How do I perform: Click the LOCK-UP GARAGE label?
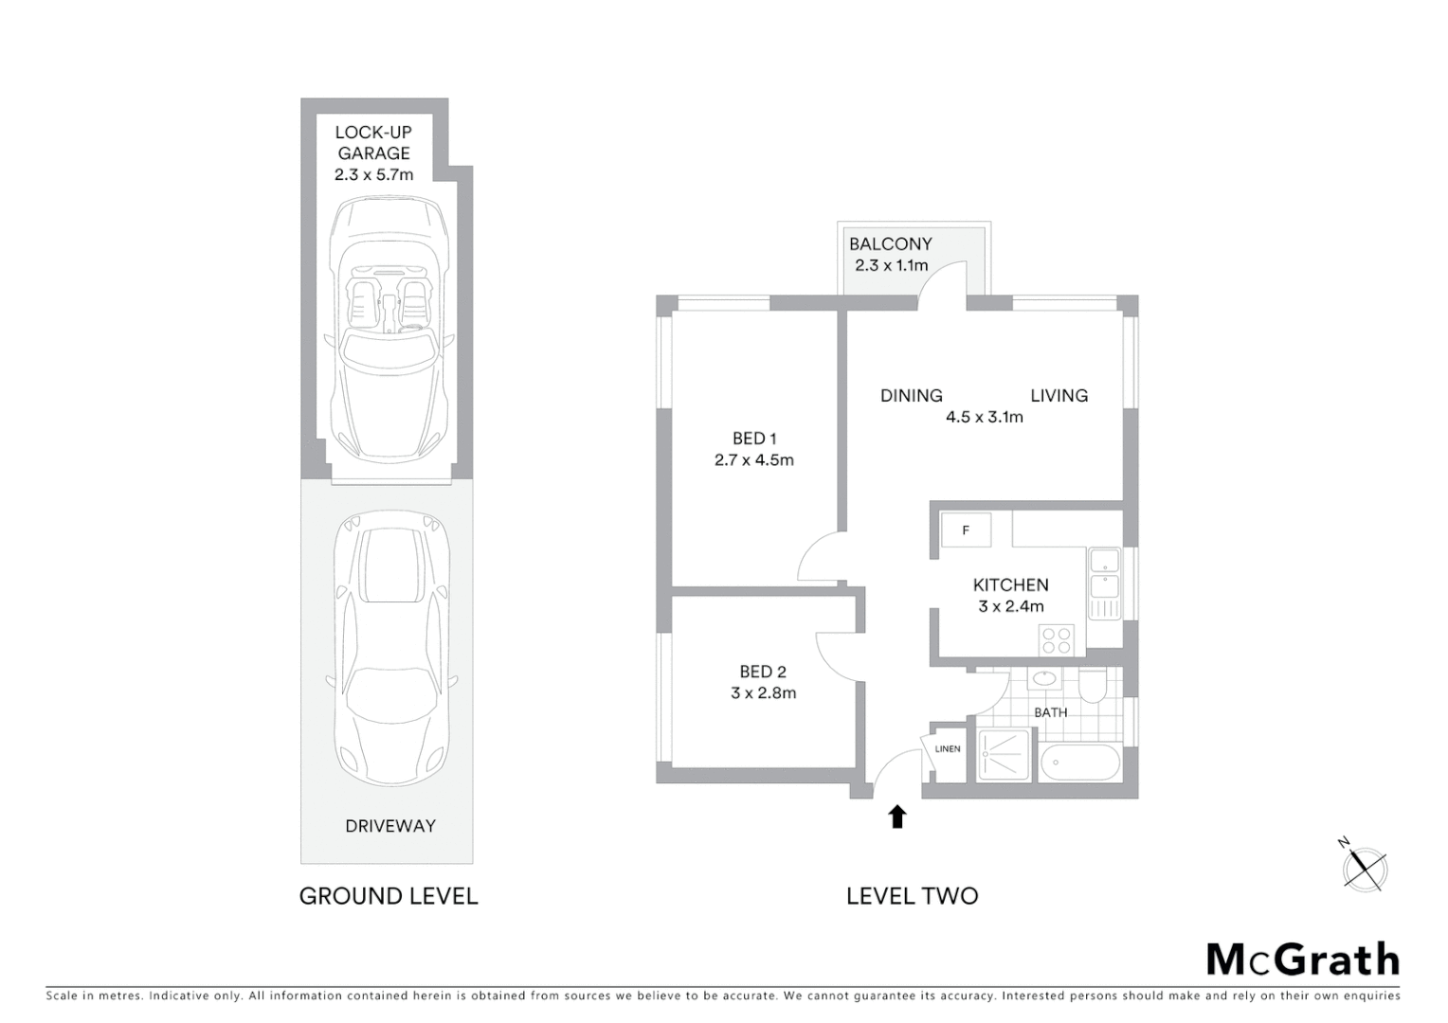373,143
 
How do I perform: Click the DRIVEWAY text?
389,826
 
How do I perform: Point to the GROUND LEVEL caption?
389,896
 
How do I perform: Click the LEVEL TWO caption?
912,896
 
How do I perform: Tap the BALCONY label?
890,244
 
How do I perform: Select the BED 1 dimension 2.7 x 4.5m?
753,460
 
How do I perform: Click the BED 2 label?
762,672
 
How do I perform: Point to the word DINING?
911,396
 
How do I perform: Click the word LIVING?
1059,396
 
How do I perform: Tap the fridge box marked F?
966,530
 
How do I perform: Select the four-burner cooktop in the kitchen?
1058,641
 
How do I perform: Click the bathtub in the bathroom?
1080,762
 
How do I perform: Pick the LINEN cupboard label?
947,749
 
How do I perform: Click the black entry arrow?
896,817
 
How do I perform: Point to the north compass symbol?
1365,867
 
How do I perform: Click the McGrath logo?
1302,960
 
